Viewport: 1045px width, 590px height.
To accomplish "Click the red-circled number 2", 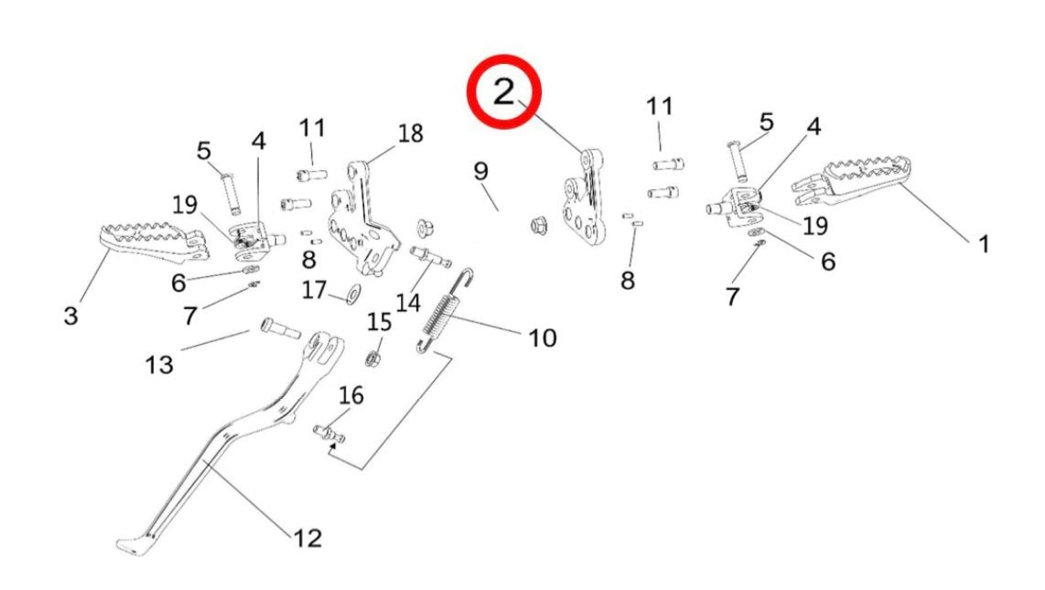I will [x=505, y=92].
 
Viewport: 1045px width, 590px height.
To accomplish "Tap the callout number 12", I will [x=308, y=537].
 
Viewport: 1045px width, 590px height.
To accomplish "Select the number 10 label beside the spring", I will [x=541, y=338].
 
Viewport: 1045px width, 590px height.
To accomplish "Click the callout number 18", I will [x=410, y=134].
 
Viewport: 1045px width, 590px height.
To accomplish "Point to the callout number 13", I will [x=158, y=365].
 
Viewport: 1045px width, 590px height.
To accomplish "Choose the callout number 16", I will [x=351, y=395].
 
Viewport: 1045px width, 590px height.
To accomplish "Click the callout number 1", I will [x=984, y=244].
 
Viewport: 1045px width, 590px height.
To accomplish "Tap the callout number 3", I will [x=71, y=316].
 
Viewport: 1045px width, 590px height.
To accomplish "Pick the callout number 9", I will [x=481, y=170].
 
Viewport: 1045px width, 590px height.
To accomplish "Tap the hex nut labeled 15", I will [x=373, y=355].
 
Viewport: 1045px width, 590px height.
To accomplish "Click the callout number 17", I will [x=314, y=291].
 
